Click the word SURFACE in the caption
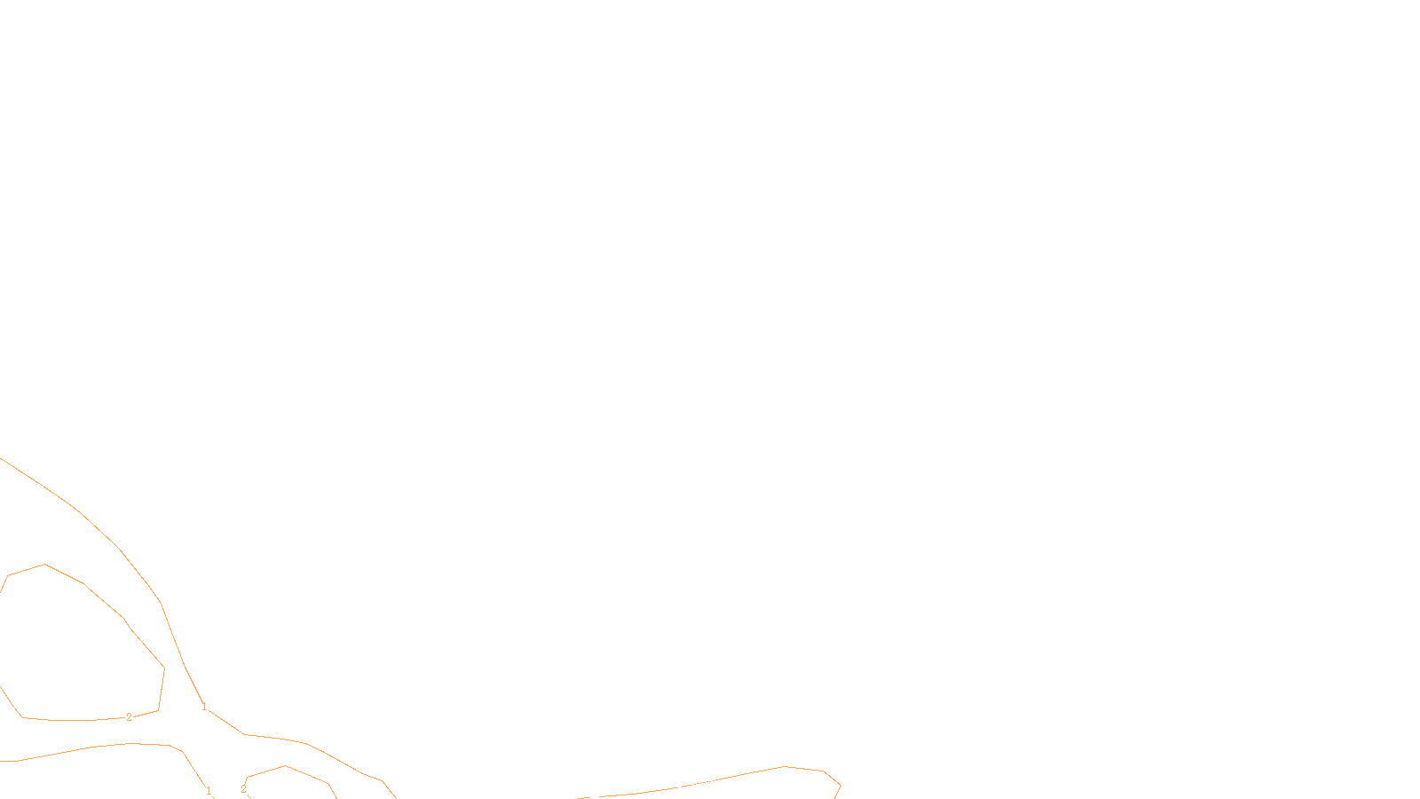tap(710, 784)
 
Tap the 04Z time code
tap(674, 784)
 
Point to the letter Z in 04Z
tap(680, 784)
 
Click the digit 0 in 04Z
tap(667, 784)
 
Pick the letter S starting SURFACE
tap(691, 784)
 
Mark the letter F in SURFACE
tap(710, 784)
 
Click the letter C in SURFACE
tap(722, 784)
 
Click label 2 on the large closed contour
tap(129, 717)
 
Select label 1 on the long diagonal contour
tap(204, 708)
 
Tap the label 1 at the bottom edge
tap(209, 790)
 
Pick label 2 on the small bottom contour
tap(243, 789)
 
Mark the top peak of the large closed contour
tap(44, 565)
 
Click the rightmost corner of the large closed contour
tap(164, 668)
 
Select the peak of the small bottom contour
tap(285, 766)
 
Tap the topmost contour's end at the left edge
tap(2, 459)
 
